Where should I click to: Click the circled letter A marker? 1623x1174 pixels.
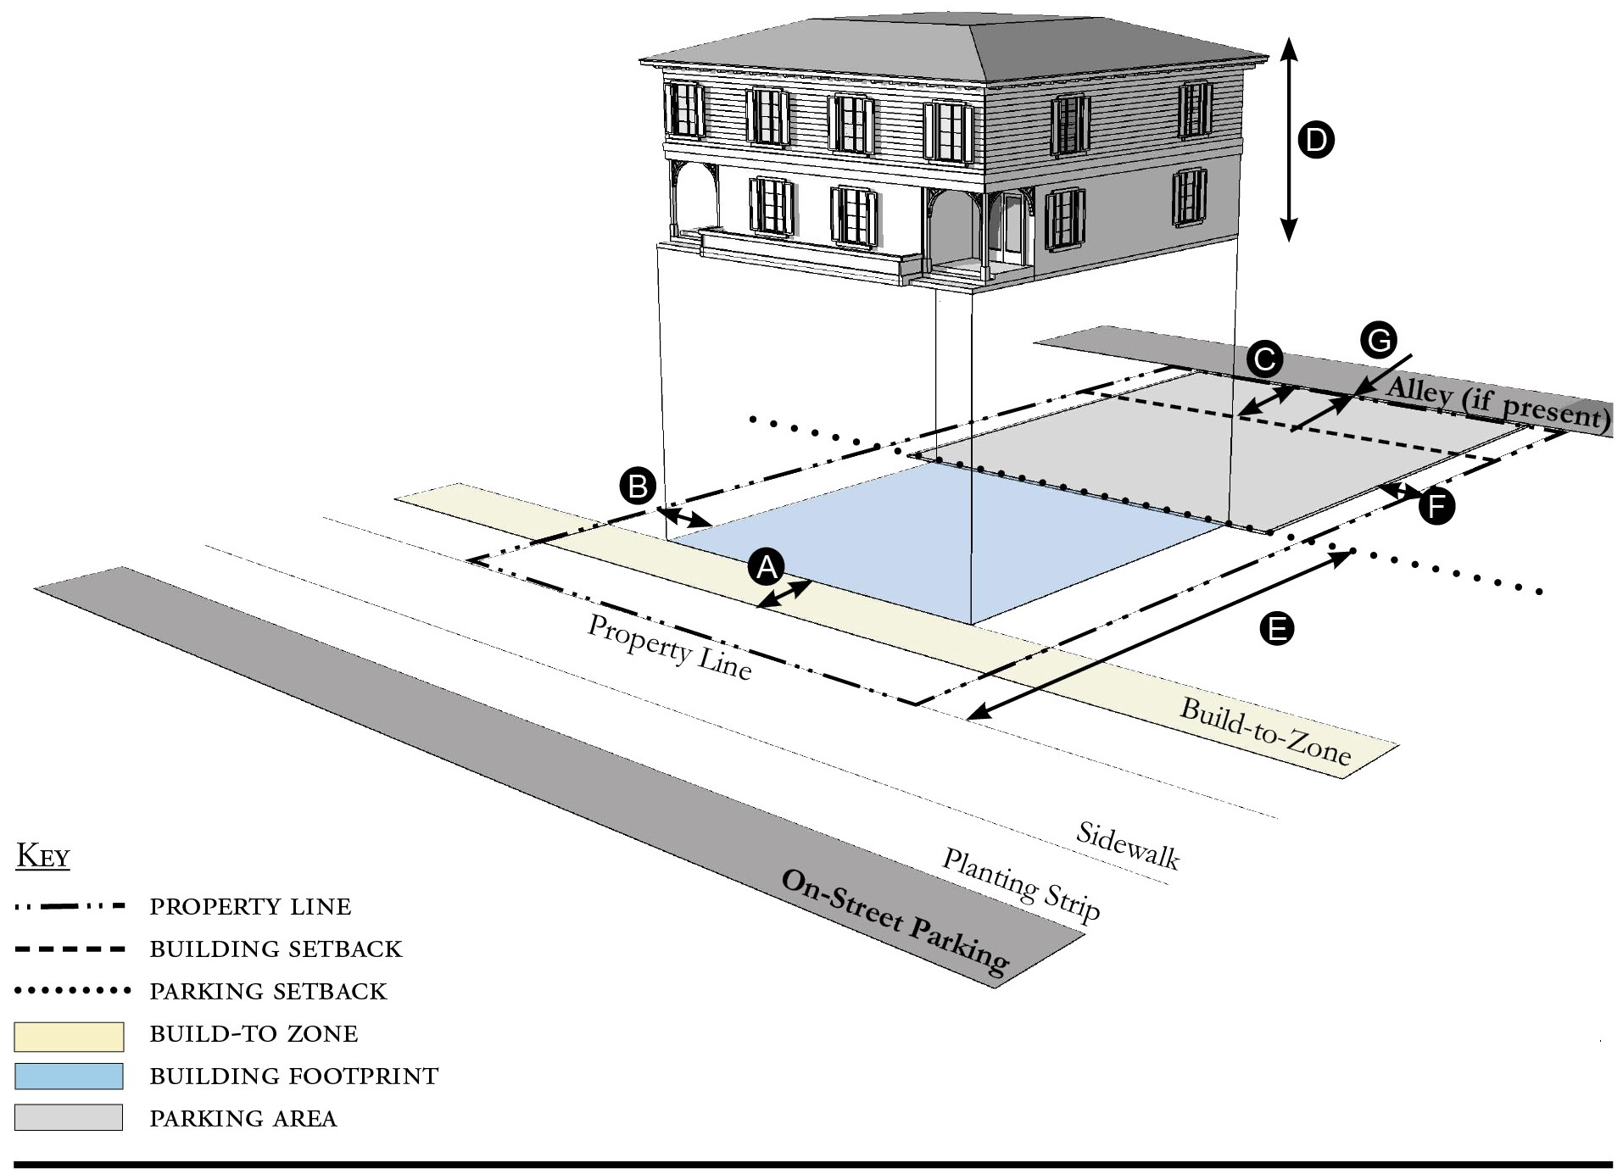[767, 566]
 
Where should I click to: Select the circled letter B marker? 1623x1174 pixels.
[638, 487]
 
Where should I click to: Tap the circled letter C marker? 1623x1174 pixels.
[1264, 359]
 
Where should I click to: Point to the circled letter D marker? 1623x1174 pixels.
[1316, 140]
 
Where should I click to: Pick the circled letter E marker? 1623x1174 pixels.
[1277, 629]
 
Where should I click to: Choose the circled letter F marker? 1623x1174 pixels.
[1436, 507]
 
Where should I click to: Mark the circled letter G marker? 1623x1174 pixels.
[1378, 341]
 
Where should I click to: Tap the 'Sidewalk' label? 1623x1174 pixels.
[1127, 845]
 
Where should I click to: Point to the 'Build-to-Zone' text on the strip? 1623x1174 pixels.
[1265, 732]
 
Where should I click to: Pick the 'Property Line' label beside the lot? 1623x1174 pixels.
[669, 648]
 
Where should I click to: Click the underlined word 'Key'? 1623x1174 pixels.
[42, 856]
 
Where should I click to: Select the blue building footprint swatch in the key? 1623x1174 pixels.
[69, 1076]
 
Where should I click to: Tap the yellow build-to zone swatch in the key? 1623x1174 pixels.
[69, 1035]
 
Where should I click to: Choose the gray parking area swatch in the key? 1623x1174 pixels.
[69, 1117]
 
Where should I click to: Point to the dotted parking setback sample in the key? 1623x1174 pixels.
[71, 990]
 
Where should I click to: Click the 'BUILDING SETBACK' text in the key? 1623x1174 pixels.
[276, 949]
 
